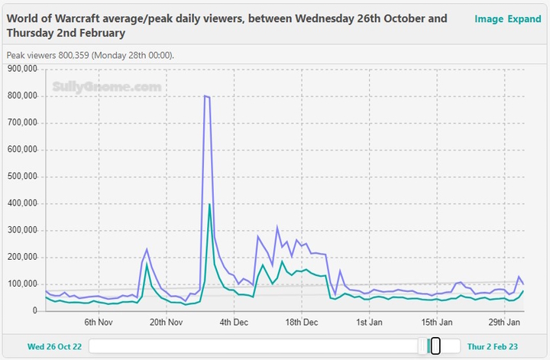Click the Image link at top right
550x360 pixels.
coord(488,19)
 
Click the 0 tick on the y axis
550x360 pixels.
coord(34,311)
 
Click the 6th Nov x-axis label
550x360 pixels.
coord(99,323)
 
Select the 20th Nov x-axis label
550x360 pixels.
coord(166,323)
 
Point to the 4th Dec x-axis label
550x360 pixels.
coord(234,323)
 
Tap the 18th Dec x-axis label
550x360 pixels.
coord(301,323)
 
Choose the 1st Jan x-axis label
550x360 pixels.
coord(369,323)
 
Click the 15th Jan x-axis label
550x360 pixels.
coord(436,323)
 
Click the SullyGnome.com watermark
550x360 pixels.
coord(107,88)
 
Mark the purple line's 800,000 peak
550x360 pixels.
coord(205,96)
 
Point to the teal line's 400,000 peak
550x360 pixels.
coord(209,204)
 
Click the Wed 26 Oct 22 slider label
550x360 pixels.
coord(55,346)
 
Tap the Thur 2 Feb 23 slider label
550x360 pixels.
coord(492,346)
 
